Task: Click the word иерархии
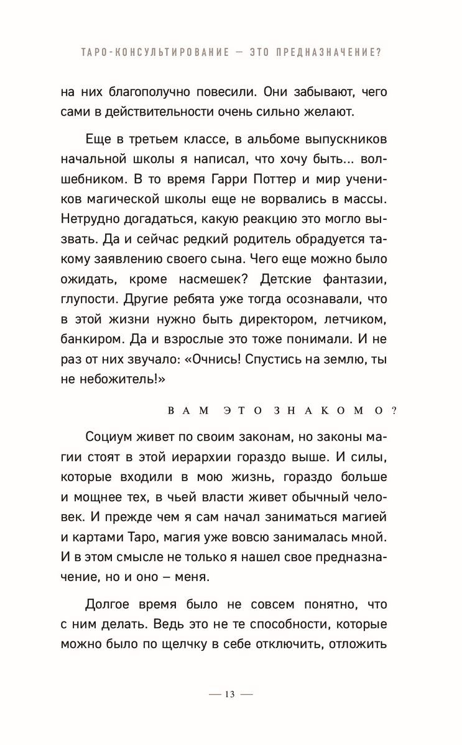[x=210, y=460]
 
